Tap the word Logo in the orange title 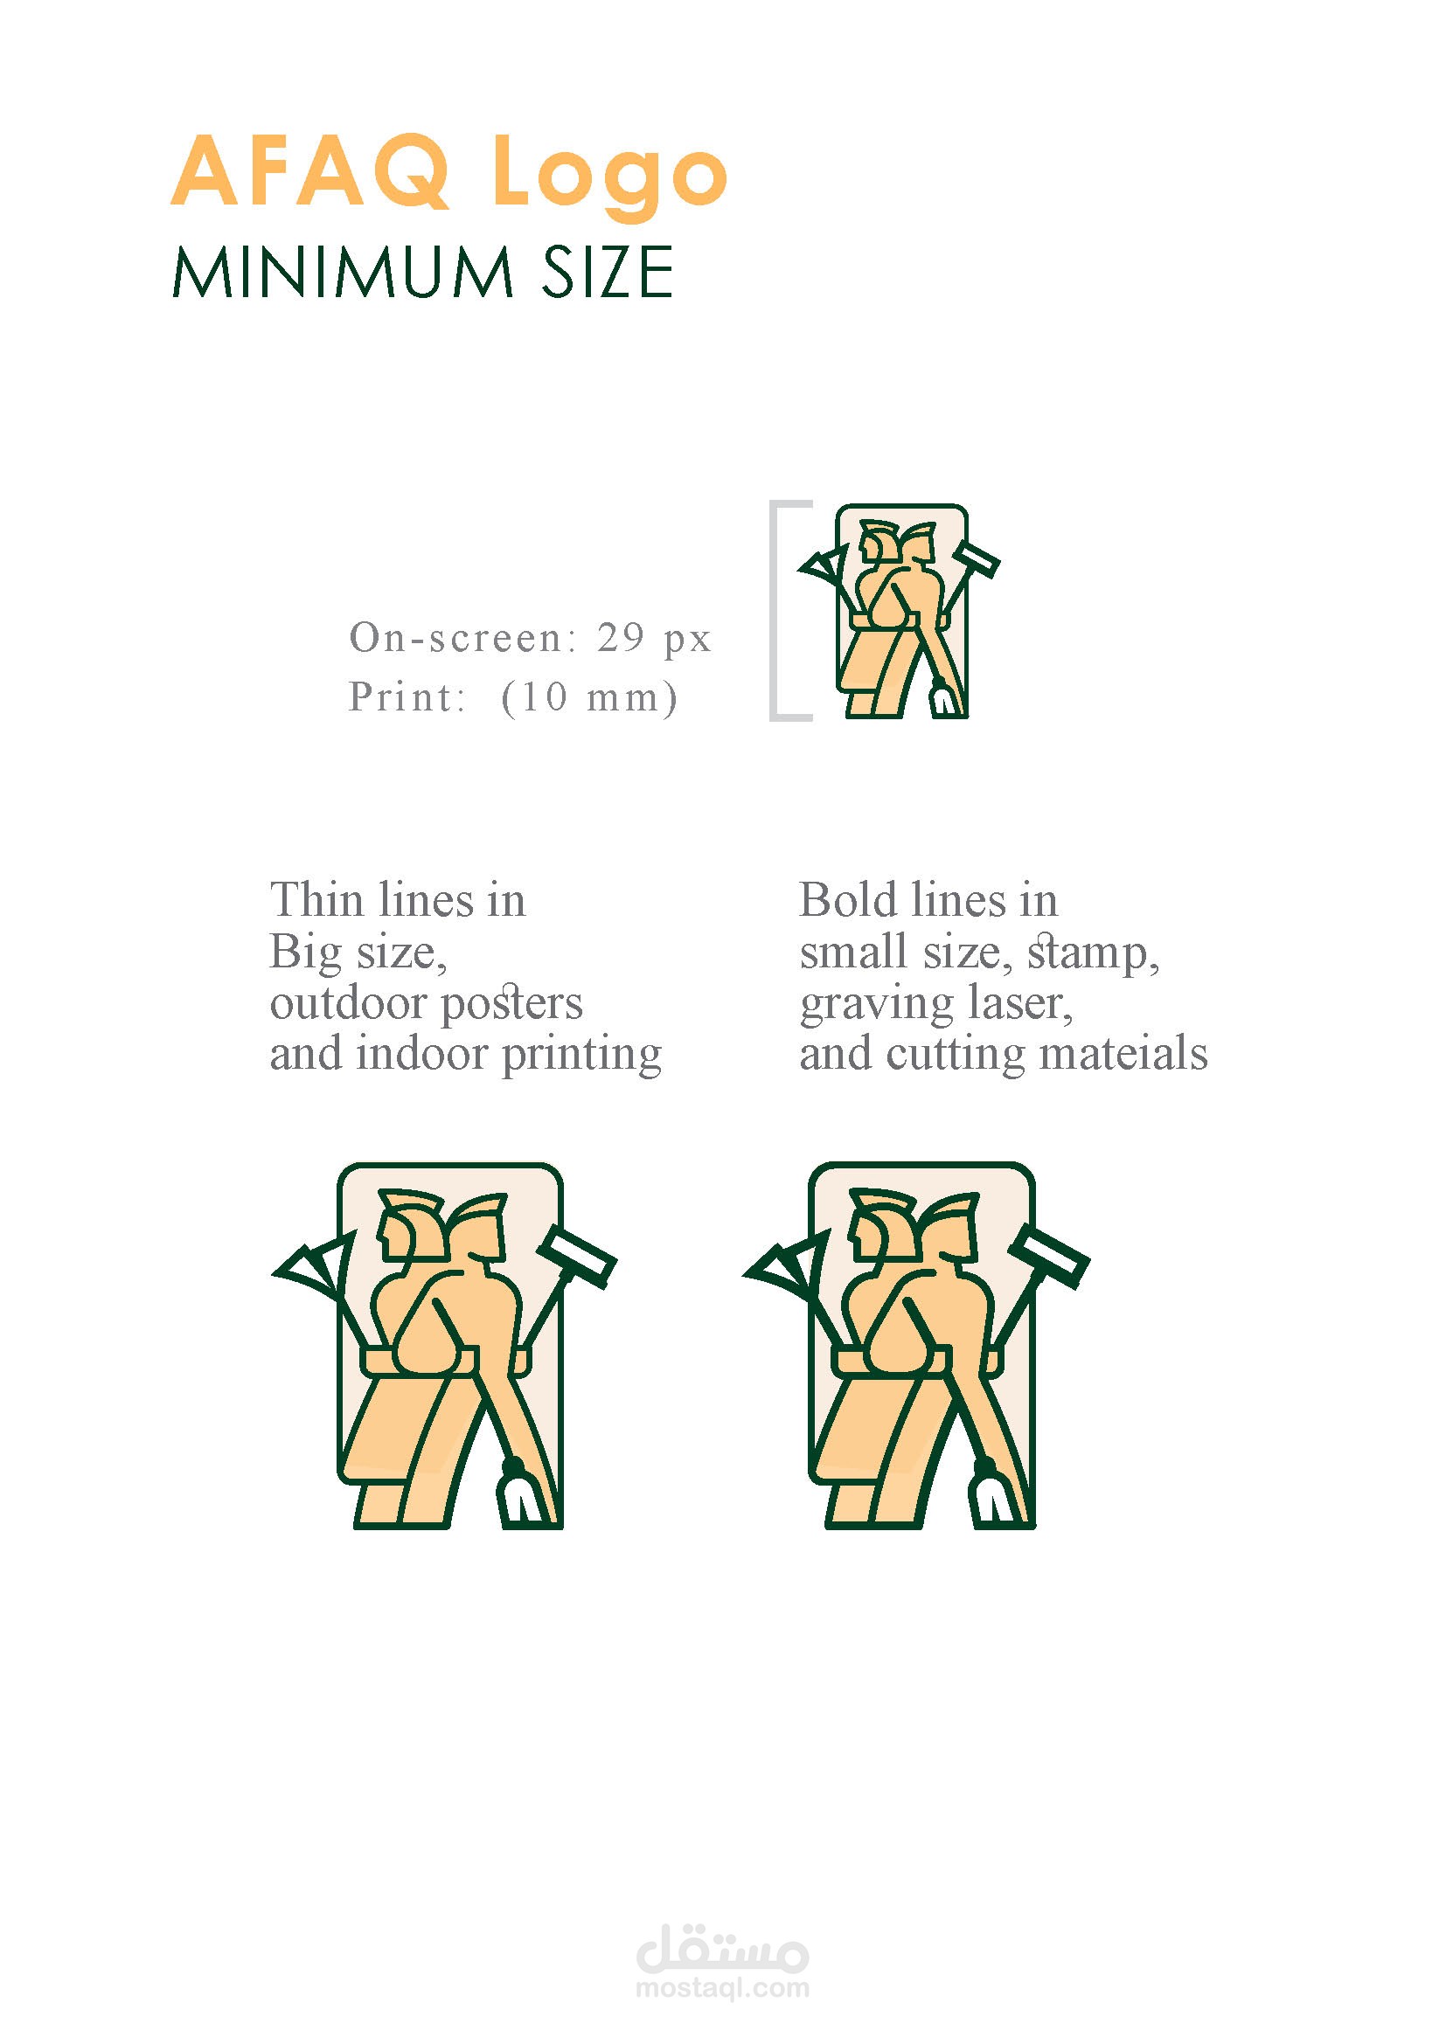tap(611, 177)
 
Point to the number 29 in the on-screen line tap(621, 637)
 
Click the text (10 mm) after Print tap(589, 697)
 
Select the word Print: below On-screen tap(407, 697)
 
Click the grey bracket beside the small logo tap(773, 611)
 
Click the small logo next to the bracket tap(900, 611)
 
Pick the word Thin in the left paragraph tap(316, 900)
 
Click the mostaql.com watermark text tap(723, 1988)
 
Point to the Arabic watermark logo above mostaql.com tap(723, 1946)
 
